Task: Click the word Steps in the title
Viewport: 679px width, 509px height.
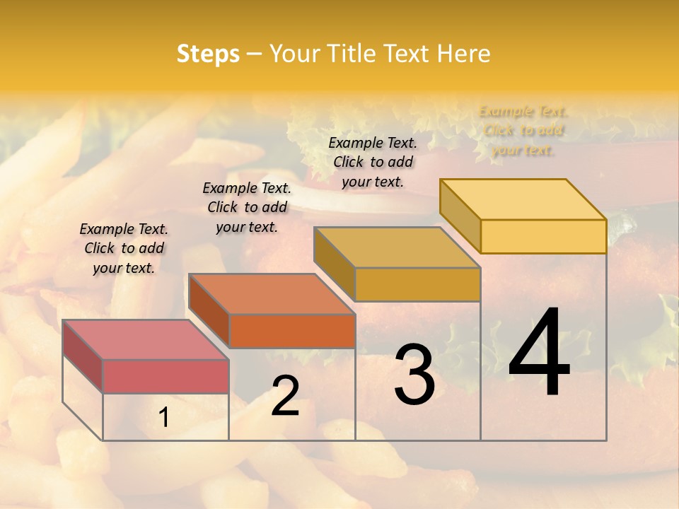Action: (x=208, y=54)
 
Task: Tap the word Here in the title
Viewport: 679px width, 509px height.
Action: (x=463, y=54)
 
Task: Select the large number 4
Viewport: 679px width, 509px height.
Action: (x=539, y=353)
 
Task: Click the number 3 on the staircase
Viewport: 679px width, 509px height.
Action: (x=414, y=374)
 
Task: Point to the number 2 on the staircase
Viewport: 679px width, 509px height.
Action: (x=285, y=396)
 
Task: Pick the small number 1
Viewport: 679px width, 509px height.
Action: (x=164, y=418)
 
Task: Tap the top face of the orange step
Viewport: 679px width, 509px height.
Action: (x=272, y=293)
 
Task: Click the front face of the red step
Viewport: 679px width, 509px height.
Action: (x=166, y=376)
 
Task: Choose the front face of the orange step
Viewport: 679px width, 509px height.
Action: (x=292, y=331)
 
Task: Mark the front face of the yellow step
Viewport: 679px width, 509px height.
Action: (x=543, y=236)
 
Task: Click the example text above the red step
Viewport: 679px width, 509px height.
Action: (x=124, y=248)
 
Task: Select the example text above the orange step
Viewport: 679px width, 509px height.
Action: (x=247, y=207)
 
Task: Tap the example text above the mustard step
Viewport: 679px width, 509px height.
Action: (x=373, y=162)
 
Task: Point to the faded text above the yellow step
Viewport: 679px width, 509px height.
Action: (x=523, y=131)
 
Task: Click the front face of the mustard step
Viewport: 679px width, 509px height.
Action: (x=417, y=284)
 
